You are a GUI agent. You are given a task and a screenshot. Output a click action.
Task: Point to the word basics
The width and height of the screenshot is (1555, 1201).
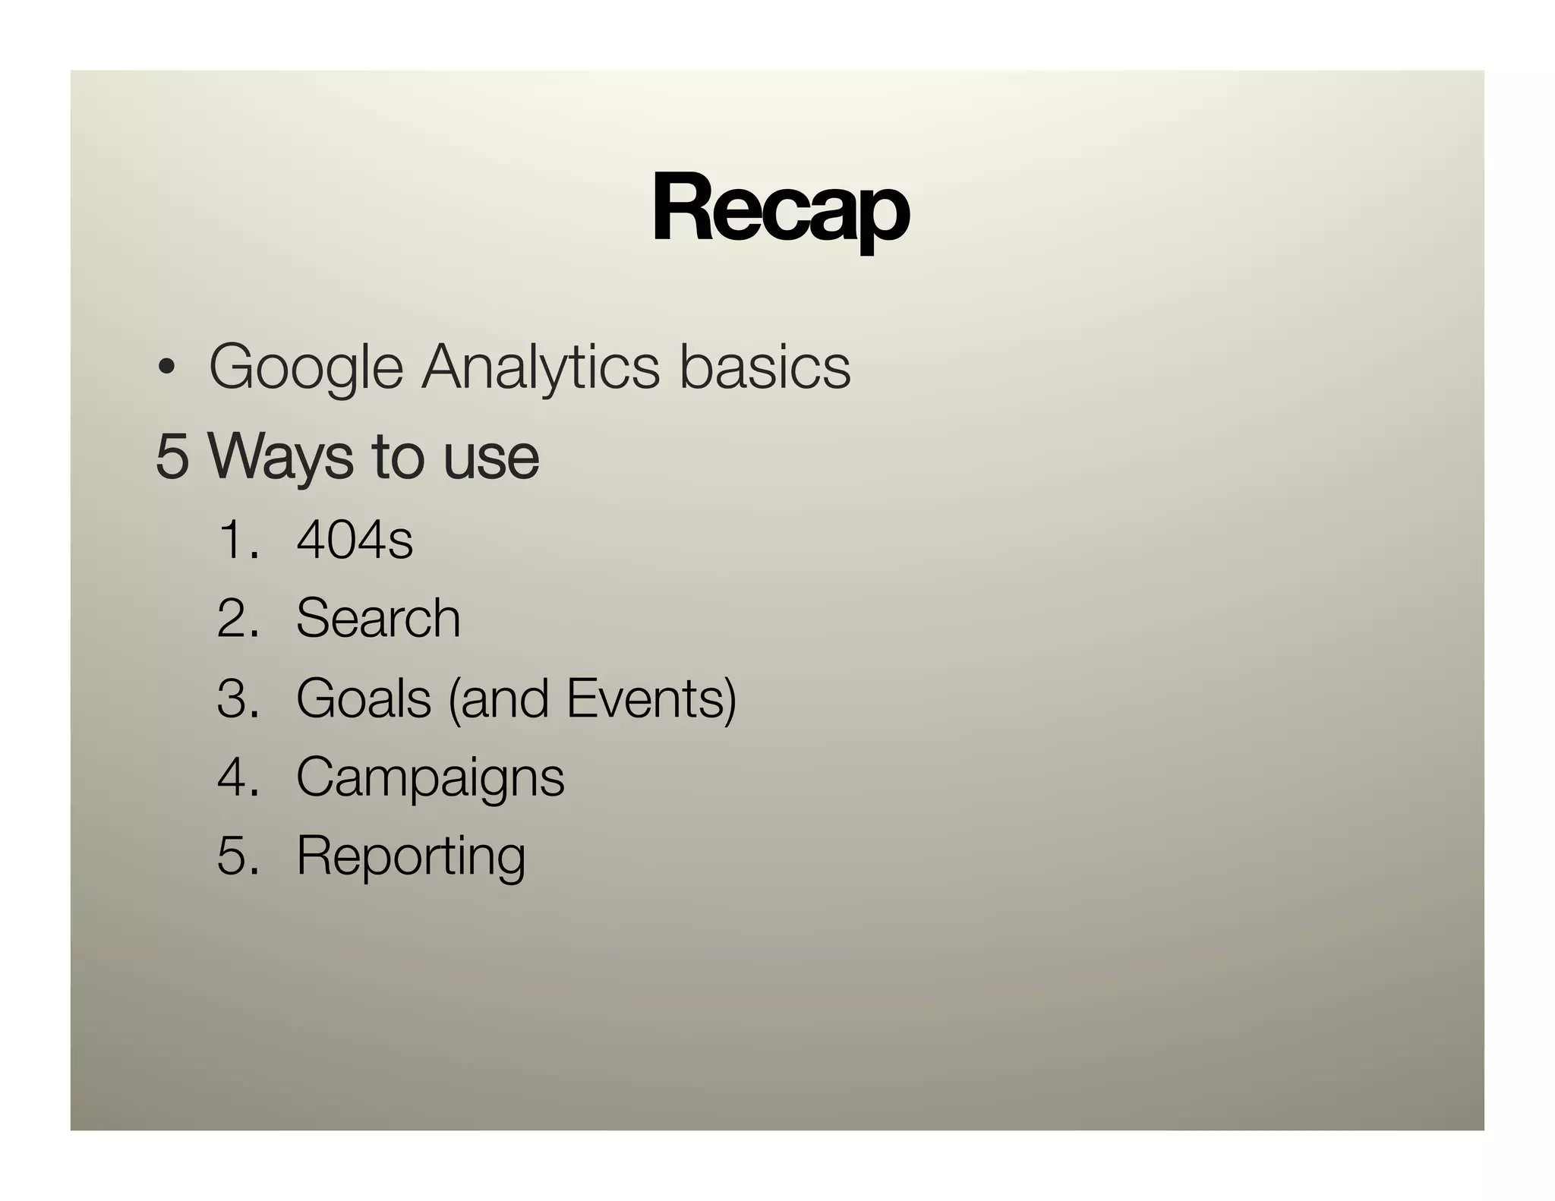[x=764, y=368]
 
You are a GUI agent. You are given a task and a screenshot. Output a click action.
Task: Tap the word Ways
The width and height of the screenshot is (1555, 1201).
[x=279, y=458]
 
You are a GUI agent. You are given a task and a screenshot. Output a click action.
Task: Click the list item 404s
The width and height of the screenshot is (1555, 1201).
[x=355, y=541]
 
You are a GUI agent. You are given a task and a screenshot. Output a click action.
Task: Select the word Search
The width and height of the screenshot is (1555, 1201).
[x=378, y=618]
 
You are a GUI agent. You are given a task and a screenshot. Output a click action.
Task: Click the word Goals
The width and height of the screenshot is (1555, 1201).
[x=364, y=698]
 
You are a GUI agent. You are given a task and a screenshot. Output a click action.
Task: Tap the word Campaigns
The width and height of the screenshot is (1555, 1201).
[x=431, y=779]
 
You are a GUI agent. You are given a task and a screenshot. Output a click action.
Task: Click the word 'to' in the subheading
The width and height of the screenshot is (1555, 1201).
[x=397, y=458]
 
